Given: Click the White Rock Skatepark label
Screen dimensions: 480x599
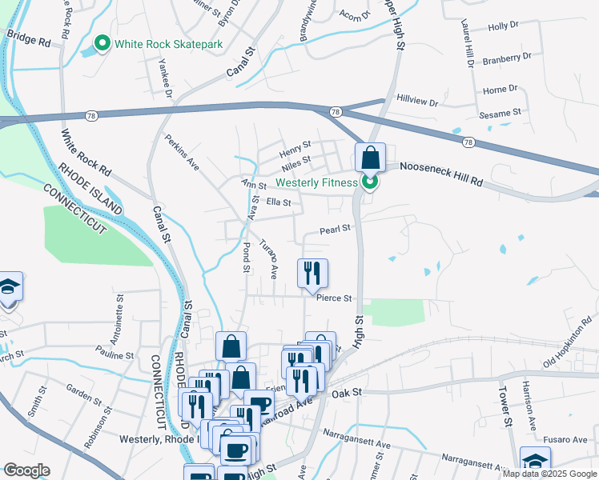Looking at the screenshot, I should tap(168, 44).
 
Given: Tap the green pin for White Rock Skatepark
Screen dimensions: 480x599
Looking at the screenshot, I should tap(102, 43).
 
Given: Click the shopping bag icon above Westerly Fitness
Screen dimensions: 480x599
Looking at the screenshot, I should tap(371, 158).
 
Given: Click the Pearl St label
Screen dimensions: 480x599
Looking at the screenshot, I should tap(336, 229).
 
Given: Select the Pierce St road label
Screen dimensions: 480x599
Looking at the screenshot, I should tap(334, 298).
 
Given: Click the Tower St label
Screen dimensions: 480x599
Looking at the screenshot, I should tap(505, 406).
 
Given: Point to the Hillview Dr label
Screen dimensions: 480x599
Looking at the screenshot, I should tap(418, 103).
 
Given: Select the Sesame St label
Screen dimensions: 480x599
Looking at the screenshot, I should tap(501, 113).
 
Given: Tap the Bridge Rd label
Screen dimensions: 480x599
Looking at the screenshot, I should tap(28, 37).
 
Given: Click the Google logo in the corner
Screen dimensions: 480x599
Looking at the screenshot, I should tap(26, 470).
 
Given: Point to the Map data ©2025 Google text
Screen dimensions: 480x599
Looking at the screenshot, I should tap(549, 474).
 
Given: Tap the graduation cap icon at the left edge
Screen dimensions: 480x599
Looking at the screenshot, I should tap(9, 289).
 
